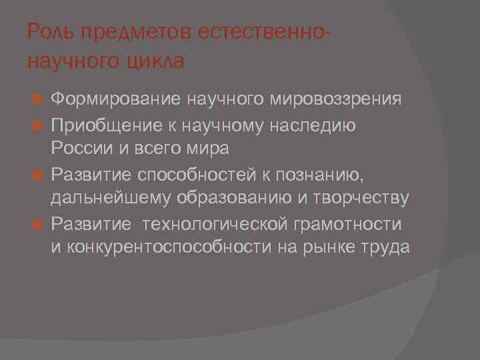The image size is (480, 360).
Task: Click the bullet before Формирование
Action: (38, 99)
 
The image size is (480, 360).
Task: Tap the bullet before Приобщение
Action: (38, 124)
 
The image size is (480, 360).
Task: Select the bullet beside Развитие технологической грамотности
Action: (38, 223)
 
